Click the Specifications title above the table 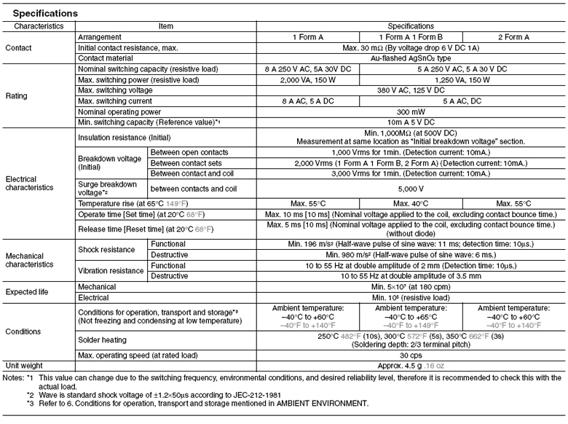click(x=44, y=13)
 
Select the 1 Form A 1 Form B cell click(x=413, y=36)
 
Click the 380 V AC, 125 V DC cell click(x=411, y=89)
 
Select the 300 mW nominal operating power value click(x=411, y=111)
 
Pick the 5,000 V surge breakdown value click(x=411, y=185)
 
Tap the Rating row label click(x=16, y=95)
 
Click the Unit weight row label click(x=25, y=364)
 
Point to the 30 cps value click(x=411, y=354)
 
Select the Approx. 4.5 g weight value click(x=411, y=364)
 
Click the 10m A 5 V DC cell click(x=411, y=121)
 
